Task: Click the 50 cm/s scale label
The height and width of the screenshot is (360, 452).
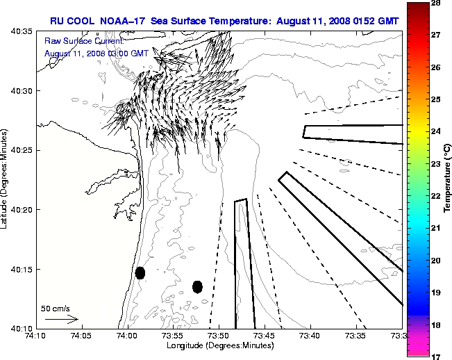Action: coord(56,308)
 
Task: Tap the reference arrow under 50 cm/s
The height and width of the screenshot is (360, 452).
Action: coord(61,319)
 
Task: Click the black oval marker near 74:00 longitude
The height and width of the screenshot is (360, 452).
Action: coord(140,272)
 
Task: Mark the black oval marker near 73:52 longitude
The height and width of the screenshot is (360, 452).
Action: coord(197,286)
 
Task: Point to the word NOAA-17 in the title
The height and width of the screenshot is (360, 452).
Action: coord(122,22)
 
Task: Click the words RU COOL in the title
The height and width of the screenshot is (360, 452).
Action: coord(71,22)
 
